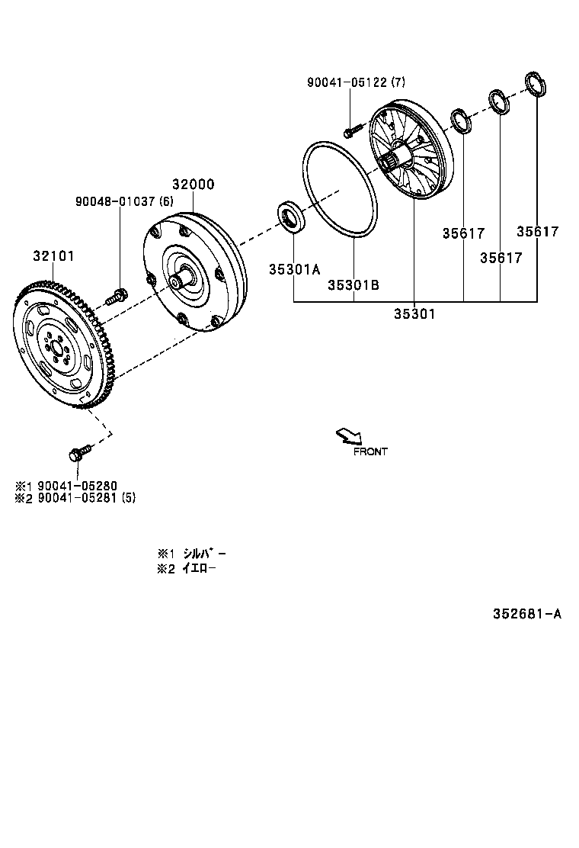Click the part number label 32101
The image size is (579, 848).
pos(53,256)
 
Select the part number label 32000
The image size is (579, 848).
pos(193,185)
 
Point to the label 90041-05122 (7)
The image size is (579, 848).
pos(357,82)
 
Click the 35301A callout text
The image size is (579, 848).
pos(294,269)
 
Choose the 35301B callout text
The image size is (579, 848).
pos(353,284)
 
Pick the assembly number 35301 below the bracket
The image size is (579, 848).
pos(414,313)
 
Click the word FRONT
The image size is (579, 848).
pos(370,451)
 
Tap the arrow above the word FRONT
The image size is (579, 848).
pos(349,435)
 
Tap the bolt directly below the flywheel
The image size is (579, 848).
pos(78,452)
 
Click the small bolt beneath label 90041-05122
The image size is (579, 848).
pos(350,131)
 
